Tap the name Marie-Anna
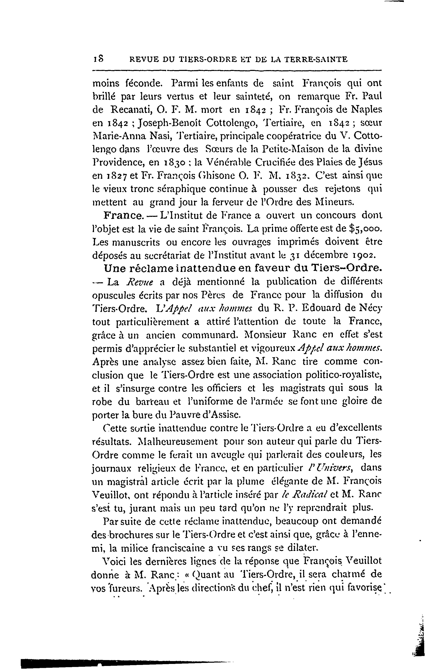[x=121, y=136]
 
